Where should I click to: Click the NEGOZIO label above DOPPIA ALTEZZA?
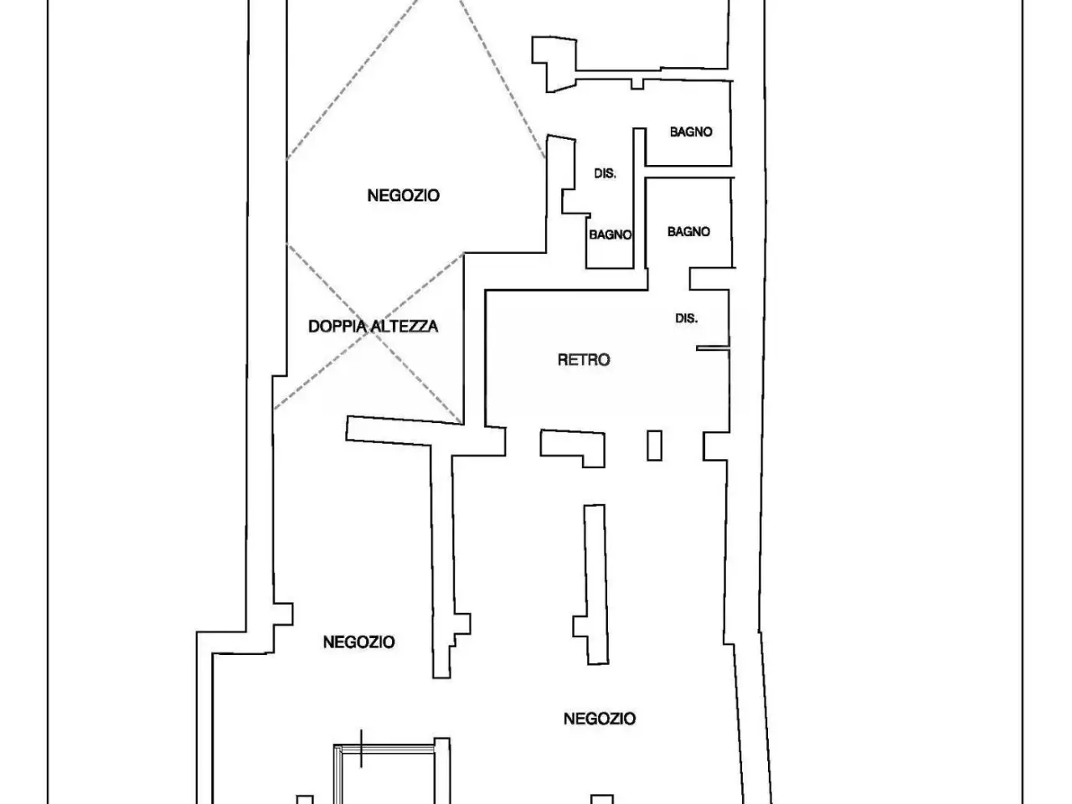[403, 195]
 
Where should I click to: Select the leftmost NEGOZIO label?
[359, 642]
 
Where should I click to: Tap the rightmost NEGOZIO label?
[600, 719]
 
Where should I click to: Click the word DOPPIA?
[338, 326]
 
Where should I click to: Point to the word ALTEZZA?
[405, 326]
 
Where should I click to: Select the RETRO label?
[584, 360]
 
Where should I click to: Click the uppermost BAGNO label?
[691, 131]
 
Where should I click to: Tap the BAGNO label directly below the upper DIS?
[610, 234]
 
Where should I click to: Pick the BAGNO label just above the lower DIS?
[688, 231]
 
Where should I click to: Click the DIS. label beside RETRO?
[686, 318]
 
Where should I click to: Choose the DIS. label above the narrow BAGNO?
[605, 173]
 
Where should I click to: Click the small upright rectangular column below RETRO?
[654, 446]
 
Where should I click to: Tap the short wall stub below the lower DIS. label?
[713, 348]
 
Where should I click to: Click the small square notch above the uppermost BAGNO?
[637, 84]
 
